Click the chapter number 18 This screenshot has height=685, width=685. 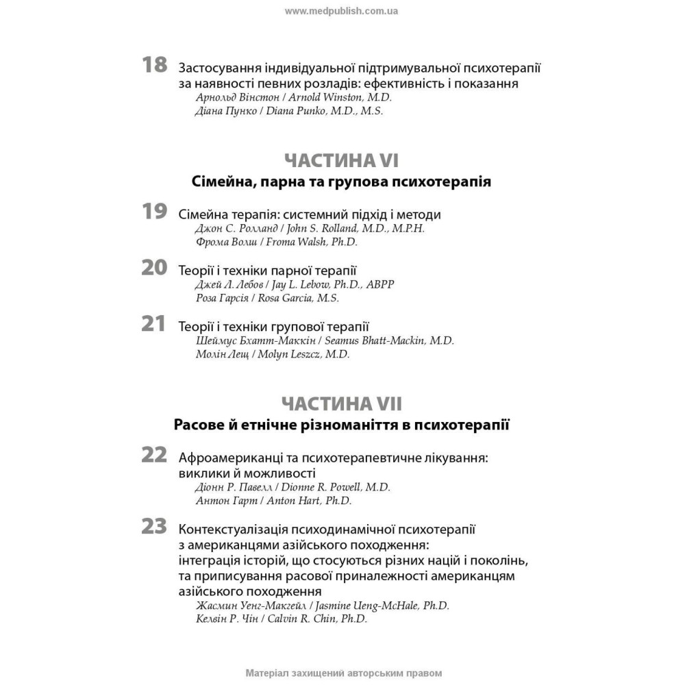pos(154,65)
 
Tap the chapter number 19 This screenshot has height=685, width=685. pos(154,212)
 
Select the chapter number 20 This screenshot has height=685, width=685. pos(154,268)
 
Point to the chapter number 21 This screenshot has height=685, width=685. pos(154,324)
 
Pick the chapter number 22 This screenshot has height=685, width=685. pos(154,455)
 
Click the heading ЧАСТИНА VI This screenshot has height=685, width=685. pos(341,161)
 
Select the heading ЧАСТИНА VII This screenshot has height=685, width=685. pos(341,403)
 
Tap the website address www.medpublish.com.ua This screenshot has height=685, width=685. pos(341,11)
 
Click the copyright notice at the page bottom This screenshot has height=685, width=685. pos(342,673)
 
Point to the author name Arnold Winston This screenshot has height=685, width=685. pos(323,97)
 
